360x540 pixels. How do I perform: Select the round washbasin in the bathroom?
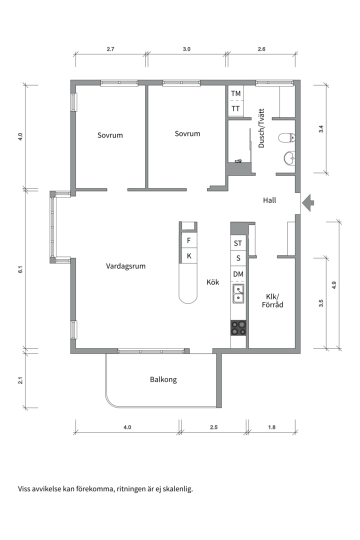tap(289, 158)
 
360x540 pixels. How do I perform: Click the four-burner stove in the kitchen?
tap(238, 328)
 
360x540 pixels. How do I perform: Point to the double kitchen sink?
tap(238, 293)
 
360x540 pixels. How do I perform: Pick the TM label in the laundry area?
tap(235, 93)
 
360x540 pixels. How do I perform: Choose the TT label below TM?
tap(235, 108)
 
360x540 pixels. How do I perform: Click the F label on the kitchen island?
tap(188, 240)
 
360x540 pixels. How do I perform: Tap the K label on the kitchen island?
tap(188, 256)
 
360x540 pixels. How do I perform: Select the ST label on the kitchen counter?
tap(238, 243)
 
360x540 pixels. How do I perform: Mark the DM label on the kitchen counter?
tap(238, 274)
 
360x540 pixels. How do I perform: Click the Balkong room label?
tap(163, 379)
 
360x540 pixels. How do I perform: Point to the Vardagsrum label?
tap(125, 266)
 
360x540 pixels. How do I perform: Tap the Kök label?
tap(213, 282)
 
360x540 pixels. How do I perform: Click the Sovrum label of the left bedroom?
tap(110, 135)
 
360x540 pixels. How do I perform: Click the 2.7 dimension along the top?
tap(110, 49)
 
